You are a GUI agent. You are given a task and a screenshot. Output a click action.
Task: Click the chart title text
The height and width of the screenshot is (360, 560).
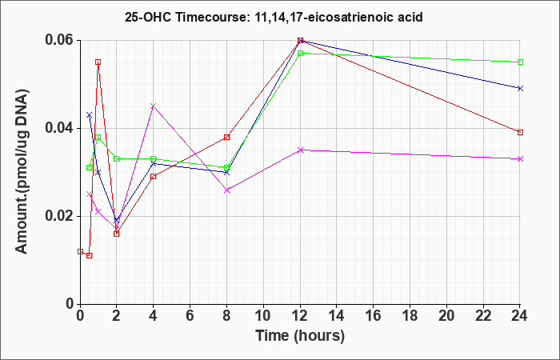point(274,17)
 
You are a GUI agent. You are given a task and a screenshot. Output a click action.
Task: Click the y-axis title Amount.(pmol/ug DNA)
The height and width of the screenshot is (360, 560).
point(22,171)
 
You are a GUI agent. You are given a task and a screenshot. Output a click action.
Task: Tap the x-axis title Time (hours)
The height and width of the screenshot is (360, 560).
point(300,336)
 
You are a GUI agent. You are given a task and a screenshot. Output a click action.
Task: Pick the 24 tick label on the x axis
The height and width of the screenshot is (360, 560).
point(520,315)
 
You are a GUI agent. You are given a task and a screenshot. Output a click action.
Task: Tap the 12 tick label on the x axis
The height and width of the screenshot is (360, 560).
point(300,315)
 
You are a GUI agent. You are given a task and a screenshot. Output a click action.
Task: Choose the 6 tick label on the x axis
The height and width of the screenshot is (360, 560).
point(190,315)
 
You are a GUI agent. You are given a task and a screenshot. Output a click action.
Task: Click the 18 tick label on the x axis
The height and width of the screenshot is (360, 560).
point(410,315)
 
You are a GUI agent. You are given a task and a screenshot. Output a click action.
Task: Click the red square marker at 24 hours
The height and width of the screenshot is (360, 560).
point(520,133)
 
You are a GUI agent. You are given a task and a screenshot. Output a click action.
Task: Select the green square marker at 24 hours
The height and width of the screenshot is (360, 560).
point(520,62)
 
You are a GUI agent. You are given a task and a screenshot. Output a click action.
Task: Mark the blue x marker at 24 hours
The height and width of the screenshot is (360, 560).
point(520,88)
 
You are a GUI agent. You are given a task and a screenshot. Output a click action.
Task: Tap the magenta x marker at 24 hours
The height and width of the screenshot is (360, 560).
point(520,159)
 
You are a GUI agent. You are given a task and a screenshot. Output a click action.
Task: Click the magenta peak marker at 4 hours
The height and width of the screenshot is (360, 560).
point(154,106)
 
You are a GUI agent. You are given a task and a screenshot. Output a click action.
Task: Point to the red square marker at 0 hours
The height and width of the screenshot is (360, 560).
point(80,251)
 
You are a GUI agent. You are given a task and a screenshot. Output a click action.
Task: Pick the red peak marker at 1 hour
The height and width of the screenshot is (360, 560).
point(98,62)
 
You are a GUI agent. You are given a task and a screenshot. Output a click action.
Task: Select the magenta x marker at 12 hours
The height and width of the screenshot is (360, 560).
point(300,150)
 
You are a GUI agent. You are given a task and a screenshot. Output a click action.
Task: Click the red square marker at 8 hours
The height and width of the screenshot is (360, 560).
point(226,137)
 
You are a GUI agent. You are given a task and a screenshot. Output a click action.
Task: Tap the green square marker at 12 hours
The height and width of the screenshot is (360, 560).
point(300,54)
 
